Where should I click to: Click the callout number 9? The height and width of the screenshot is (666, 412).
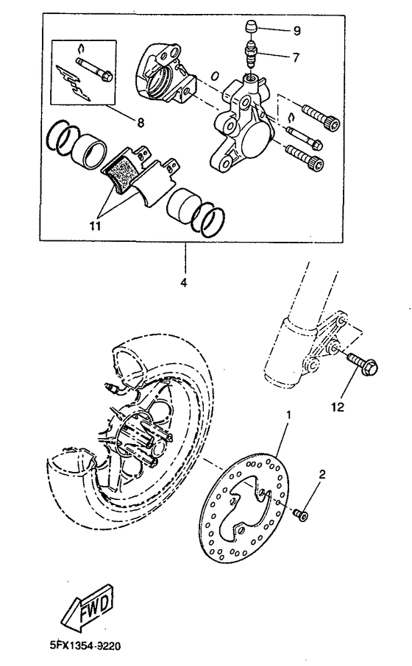click(x=297, y=31)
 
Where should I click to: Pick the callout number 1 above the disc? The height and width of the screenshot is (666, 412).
click(x=289, y=415)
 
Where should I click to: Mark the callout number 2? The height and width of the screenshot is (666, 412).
click(x=321, y=475)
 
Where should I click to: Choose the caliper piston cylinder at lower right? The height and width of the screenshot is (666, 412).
click(x=184, y=204)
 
